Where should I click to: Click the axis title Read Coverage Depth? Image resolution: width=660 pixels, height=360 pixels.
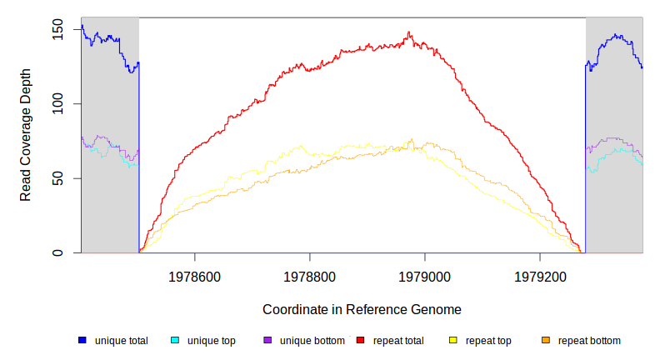pos(26,135)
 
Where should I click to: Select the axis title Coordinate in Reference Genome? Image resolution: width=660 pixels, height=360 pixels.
pos(362,309)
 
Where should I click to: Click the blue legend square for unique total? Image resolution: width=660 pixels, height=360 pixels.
pos(82,340)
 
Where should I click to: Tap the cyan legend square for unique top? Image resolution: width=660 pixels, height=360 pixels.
pos(175,340)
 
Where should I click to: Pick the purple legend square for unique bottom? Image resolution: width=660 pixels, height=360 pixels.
pos(267,340)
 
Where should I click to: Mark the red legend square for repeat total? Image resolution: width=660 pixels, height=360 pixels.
pos(360,340)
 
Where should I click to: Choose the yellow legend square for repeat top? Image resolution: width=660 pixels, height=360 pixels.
pos(453,340)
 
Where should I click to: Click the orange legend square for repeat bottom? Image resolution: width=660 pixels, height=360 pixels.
pos(546,340)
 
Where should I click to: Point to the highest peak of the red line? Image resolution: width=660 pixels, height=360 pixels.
pos(409,32)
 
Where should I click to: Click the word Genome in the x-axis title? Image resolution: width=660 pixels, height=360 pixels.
pos(437,309)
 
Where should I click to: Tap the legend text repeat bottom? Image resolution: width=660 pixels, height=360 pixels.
pos(589,340)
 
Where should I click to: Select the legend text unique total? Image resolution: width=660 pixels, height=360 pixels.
pos(122,340)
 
